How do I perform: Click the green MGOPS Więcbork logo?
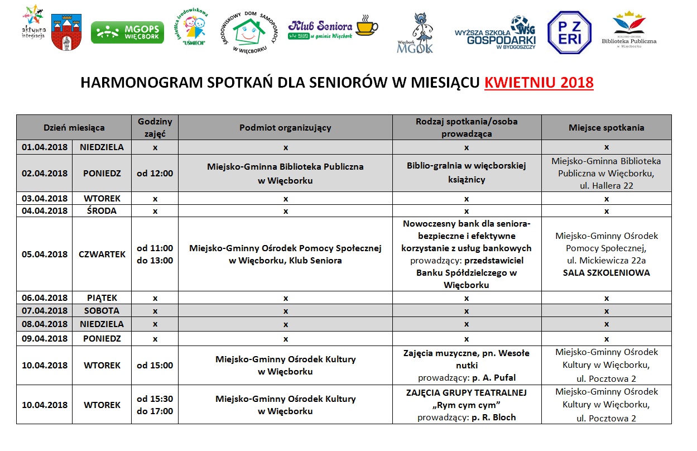(x=127, y=32)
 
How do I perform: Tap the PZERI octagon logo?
(x=569, y=32)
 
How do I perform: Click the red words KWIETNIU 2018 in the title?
(x=539, y=83)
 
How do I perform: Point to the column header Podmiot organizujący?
(x=285, y=127)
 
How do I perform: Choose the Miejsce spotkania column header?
(x=606, y=127)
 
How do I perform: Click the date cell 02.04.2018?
(x=45, y=173)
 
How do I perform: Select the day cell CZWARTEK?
(x=102, y=254)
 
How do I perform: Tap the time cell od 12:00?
(x=155, y=173)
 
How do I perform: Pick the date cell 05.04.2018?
(x=45, y=254)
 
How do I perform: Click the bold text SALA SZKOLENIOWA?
(x=606, y=273)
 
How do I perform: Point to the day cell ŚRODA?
(x=102, y=210)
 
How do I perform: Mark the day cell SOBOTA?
(x=102, y=310)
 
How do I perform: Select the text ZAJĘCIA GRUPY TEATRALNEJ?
(x=467, y=392)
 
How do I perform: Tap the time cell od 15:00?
(x=155, y=365)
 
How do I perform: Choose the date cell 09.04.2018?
(x=45, y=338)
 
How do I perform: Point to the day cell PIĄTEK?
(x=102, y=298)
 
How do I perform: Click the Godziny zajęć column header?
(x=155, y=127)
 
